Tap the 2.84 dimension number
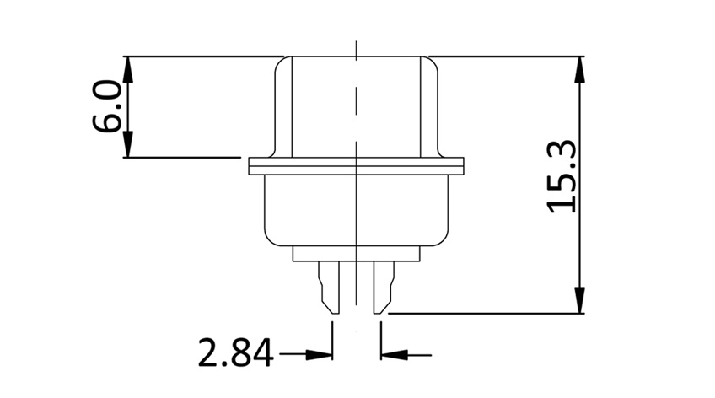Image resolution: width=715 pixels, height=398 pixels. pos(235,353)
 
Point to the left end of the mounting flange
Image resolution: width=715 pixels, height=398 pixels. pos(251,166)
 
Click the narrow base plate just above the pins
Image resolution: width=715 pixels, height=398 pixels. pos(356,252)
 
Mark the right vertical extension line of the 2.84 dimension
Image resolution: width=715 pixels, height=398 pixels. pos(380,337)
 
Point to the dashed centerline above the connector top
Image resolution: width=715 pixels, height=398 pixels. pos(357,46)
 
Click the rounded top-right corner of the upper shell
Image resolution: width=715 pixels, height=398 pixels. pos(430,62)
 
